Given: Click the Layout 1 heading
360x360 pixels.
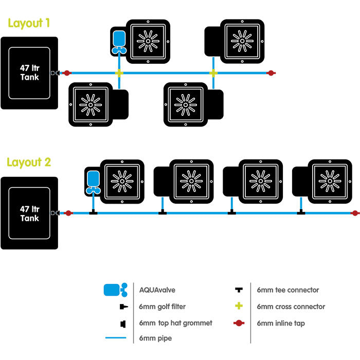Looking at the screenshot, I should [28, 23].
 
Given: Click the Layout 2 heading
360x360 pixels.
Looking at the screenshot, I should [29, 163].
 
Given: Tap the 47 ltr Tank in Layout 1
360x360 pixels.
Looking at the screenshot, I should [29, 73].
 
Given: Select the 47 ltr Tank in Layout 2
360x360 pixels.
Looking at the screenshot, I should [29, 213].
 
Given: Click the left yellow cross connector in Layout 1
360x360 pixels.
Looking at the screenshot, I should [119, 73].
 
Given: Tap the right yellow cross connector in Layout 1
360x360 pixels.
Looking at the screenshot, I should [213, 73].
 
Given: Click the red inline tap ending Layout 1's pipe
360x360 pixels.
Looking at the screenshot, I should [271, 73].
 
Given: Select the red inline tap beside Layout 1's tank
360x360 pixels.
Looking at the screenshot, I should [66, 73].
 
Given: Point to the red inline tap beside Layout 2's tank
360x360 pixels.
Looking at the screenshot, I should [68, 213].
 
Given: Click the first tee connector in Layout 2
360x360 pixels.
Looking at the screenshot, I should [93, 211].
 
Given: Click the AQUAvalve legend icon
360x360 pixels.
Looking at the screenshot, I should [115, 290].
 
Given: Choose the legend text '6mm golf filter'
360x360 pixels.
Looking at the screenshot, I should [162, 307].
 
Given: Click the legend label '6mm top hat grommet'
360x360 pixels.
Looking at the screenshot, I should [175, 323].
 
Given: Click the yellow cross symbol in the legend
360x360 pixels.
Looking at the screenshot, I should [238, 307].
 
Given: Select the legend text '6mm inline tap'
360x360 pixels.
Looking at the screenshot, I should [281, 323].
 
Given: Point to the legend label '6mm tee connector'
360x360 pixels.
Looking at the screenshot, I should [288, 290].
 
